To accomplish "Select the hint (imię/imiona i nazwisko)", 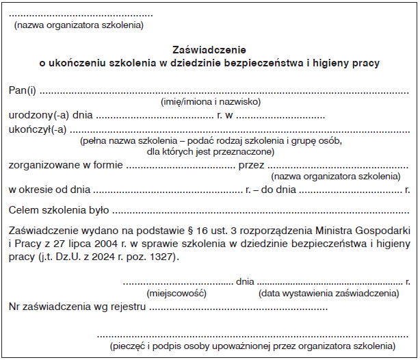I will click(x=211, y=102).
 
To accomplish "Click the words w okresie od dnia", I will click(x=49, y=189).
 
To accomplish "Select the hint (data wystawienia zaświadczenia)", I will click(x=328, y=293).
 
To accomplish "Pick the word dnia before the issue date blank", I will click(x=244, y=281).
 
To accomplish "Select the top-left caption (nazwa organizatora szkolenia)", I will click(x=79, y=26).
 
